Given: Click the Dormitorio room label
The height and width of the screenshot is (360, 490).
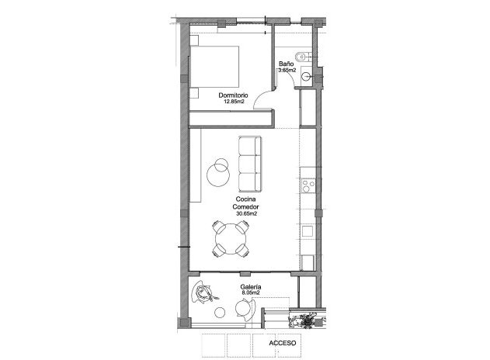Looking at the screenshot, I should [234, 95].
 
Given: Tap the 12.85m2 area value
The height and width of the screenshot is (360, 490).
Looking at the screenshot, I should [234, 102].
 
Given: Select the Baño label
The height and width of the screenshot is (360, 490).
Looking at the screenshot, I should [286, 64].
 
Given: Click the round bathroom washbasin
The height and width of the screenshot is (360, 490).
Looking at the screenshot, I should [308, 76].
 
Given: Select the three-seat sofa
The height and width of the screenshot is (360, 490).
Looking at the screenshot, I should [250, 164].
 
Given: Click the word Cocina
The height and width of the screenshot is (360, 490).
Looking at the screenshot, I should [246, 200].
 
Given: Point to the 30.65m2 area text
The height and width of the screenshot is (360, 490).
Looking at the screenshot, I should [246, 213].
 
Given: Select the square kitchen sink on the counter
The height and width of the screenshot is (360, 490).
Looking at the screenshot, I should [308, 230].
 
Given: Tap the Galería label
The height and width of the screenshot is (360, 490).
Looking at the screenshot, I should [251, 287].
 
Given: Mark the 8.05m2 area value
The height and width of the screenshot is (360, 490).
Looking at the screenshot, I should [251, 293].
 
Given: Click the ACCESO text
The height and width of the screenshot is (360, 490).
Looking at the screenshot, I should [283, 342].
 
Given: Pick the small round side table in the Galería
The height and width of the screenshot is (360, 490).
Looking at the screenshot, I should [221, 312].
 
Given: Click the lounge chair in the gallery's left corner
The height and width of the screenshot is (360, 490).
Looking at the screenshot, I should [204, 292].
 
